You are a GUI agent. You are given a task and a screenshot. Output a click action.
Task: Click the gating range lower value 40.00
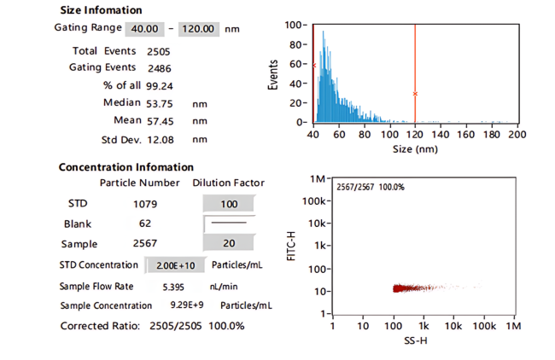tap(144, 29)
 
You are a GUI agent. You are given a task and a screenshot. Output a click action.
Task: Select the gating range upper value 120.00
tap(199, 29)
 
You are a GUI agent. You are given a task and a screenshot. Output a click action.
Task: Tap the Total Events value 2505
tap(159, 52)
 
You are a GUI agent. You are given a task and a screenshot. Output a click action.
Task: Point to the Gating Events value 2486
tap(160, 68)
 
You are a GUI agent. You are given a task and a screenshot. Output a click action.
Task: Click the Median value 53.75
tap(160, 103)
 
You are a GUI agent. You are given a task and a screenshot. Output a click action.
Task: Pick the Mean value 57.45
tap(161, 121)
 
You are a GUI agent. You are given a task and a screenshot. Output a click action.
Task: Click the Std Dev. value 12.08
tap(161, 140)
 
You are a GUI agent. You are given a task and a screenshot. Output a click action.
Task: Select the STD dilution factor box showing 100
tap(229, 204)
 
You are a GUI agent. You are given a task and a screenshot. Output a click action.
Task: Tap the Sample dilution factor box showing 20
tap(229, 243)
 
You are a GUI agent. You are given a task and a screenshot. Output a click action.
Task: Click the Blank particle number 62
tap(145, 224)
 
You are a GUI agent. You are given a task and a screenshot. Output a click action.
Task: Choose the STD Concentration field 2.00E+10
tap(175, 265)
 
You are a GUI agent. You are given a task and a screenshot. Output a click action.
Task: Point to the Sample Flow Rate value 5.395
tap(173, 287)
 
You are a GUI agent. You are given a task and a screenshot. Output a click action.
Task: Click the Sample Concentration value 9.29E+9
tap(187, 305)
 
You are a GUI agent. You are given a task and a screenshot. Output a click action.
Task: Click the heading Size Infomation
tap(102, 10)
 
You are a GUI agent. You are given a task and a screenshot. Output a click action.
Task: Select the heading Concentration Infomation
tap(126, 167)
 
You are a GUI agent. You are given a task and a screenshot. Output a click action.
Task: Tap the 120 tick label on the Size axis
tap(415, 135)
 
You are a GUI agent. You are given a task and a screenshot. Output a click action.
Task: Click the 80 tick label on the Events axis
tap(295, 44)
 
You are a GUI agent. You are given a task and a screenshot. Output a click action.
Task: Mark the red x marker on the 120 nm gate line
tap(415, 94)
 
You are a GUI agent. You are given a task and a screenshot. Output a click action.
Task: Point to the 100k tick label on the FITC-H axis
tap(313, 200)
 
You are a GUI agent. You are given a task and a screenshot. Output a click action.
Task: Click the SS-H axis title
tap(416, 340)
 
